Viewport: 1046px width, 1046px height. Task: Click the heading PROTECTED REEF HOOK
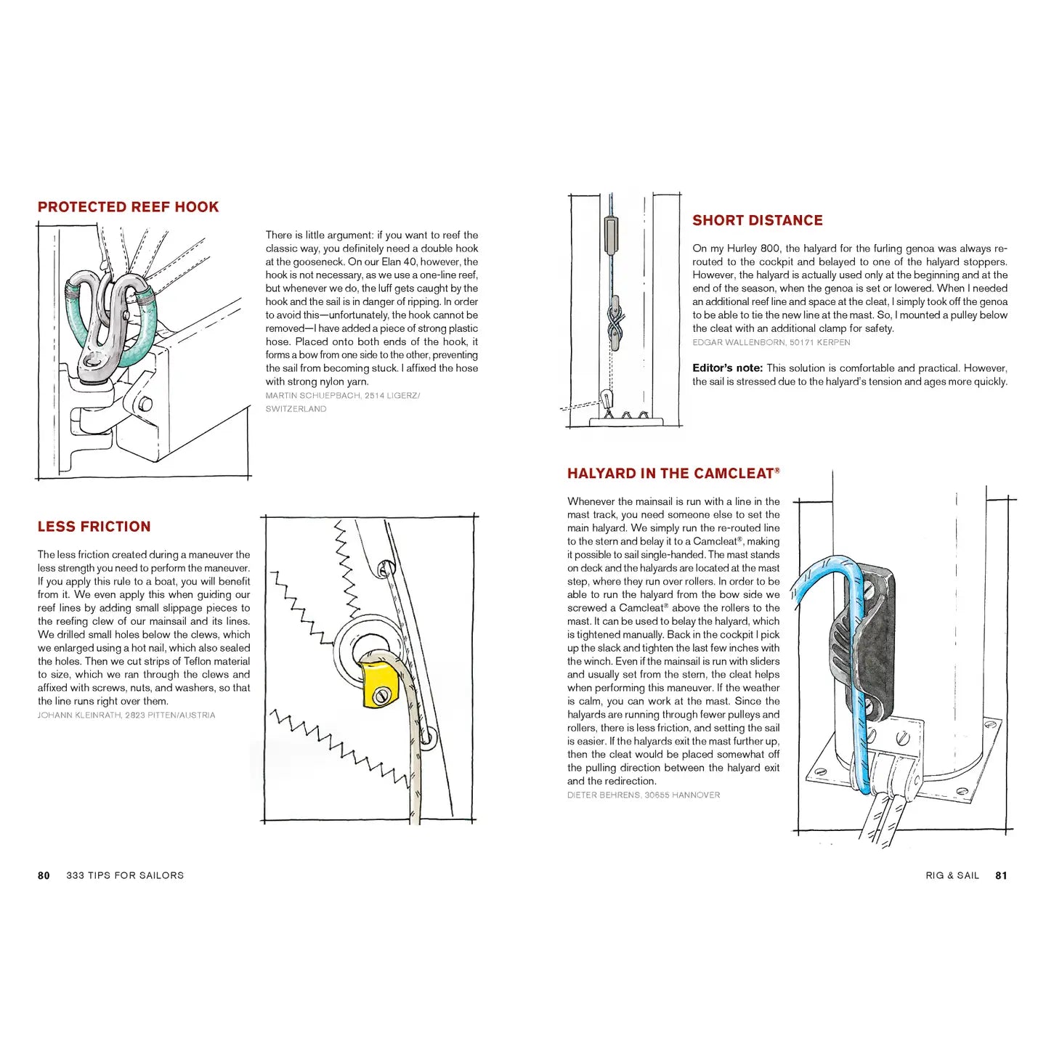point(128,207)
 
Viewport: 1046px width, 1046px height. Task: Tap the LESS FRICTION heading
point(94,527)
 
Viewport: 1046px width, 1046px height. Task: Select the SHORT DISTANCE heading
point(757,220)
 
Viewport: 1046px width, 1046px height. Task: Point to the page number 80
point(44,875)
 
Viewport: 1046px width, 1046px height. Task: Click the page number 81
point(1001,875)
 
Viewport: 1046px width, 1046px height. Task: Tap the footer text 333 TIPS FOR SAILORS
point(125,875)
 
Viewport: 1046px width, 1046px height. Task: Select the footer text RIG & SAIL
point(952,875)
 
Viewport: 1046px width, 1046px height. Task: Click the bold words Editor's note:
point(727,368)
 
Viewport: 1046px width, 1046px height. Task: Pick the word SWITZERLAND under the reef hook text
point(296,409)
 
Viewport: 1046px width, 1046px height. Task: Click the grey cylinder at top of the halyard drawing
point(611,234)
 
